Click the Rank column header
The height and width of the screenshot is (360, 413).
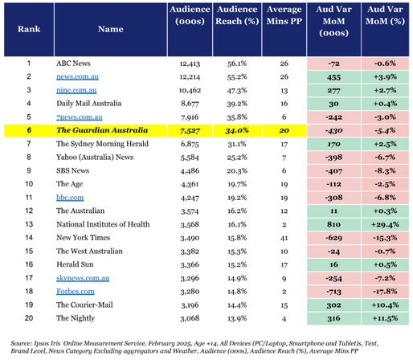pos(29,29)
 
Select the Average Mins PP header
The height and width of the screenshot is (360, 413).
pos(284,15)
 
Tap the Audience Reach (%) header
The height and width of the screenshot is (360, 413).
pos(237,15)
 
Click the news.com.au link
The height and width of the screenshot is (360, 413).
pos(77,77)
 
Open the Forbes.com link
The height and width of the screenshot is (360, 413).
pos(76,292)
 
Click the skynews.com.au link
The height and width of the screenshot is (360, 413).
pos(83,278)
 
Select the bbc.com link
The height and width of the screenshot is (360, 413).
pos(70,198)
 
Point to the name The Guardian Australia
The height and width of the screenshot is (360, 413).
pos(102,130)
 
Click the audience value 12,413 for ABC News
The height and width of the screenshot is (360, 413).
pos(190,63)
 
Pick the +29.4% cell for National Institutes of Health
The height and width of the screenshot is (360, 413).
pos(385,224)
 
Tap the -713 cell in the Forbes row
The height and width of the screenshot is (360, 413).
pos(333,292)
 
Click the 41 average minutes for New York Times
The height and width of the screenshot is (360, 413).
pos(284,238)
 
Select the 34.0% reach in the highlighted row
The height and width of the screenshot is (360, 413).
pos(237,131)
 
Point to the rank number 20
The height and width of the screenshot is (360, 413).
pos(29,318)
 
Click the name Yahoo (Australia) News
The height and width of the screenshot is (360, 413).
pos(95,157)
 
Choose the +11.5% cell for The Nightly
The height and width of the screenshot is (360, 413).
pos(385,318)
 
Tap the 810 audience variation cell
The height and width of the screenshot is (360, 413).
pos(333,224)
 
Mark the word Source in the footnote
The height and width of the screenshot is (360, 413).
pos(21,343)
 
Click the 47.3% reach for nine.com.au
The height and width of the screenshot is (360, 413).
pos(237,91)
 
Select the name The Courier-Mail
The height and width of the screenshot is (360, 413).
pos(84,305)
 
